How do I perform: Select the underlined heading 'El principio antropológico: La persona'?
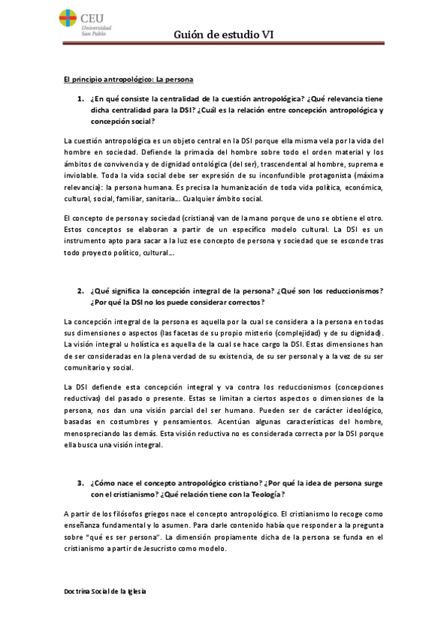129,78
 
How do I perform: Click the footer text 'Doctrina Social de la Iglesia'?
104,590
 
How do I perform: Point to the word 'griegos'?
167,514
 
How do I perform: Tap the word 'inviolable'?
84,174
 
